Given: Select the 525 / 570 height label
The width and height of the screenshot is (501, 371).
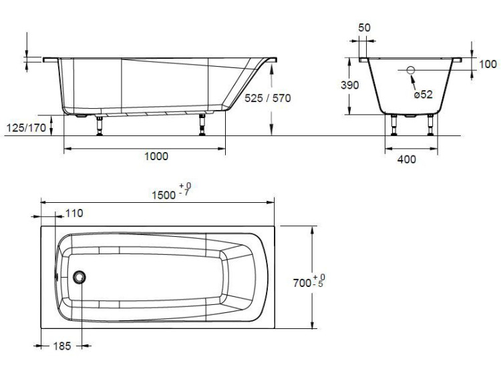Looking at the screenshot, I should pyautogui.click(x=267, y=98).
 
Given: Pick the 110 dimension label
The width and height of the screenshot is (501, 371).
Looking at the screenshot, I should pyautogui.click(x=73, y=214).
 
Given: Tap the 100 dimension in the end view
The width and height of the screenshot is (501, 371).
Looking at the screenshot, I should pyautogui.click(x=488, y=65).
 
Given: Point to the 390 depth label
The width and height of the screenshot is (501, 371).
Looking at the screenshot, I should pyautogui.click(x=350, y=85).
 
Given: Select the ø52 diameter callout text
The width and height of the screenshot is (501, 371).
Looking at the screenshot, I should pyautogui.click(x=424, y=95).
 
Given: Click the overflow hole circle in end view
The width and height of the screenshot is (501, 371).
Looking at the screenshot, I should pyautogui.click(x=411, y=70).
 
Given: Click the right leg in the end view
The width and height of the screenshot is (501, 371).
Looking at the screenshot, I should pyautogui.click(x=431, y=125).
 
